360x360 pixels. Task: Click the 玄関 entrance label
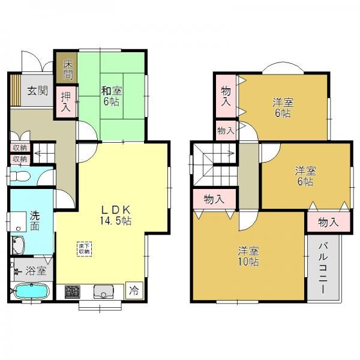[37, 91]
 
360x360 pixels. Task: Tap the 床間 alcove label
[68, 69]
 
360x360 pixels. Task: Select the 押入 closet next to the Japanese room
[65, 103]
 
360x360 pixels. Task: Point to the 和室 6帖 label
[112, 97]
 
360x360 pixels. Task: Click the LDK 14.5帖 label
[116, 215]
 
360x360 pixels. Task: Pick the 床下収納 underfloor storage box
[84, 249]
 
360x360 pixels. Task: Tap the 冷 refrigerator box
[134, 290]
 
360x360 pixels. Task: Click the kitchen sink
[104, 292]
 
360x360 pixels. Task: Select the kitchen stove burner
[73, 292]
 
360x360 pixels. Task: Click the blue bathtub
[31, 292]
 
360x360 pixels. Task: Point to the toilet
[20, 176]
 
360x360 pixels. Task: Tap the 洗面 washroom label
[35, 221]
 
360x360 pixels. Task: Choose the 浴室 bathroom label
[36, 271]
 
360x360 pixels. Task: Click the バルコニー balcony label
[323, 268]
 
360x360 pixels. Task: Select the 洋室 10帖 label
[248, 256]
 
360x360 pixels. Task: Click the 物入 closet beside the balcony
[329, 222]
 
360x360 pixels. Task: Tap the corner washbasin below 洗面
[18, 245]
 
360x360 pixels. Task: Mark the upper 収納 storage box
[20, 148]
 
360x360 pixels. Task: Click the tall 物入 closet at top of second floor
[226, 96]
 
